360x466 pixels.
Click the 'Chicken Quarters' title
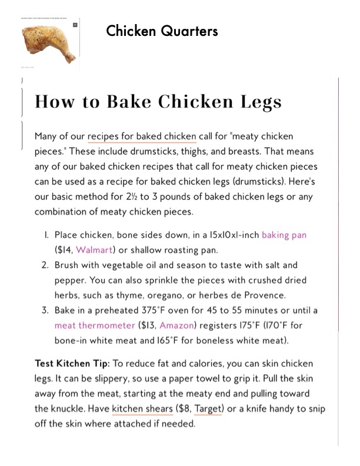[162, 31]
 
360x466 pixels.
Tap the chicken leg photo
[47, 44]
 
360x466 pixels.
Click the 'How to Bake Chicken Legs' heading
[158, 102]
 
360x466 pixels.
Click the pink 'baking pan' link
[284, 235]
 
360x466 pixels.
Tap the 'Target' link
[208, 409]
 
